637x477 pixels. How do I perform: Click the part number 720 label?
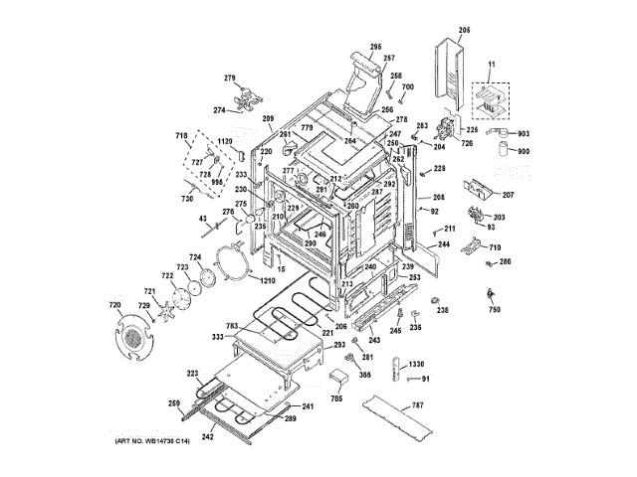pos(114,305)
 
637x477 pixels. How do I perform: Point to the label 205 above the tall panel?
pos(464,32)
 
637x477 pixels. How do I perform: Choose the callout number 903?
pos(524,133)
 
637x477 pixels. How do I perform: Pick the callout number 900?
pos(524,151)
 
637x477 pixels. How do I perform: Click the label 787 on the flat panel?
pos(417,404)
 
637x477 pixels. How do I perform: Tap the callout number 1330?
pos(416,365)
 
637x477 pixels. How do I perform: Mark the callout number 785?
pos(337,398)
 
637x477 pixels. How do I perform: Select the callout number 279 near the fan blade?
pos(229,79)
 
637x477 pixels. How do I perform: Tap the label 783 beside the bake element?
pos(232,326)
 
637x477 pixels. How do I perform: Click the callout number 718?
pos(182,135)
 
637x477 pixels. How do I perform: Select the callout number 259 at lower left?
pos(174,402)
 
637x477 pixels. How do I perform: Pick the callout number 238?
pos(443,311)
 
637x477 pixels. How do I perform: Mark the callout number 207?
pos(508,196)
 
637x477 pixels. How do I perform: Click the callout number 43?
pos(202,219)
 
